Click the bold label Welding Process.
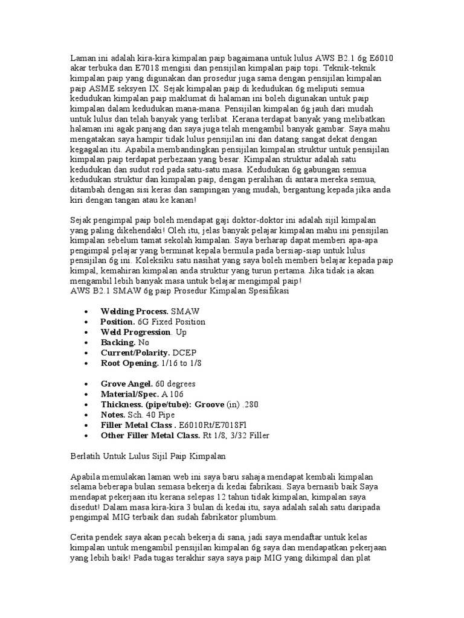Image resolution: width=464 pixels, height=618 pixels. (135, 311)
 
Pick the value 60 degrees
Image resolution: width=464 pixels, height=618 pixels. (175, 384)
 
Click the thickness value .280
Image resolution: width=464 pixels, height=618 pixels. (259, 404)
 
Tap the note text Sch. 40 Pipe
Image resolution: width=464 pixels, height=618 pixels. (153, 415)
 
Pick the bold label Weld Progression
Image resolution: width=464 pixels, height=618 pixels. (135, 331)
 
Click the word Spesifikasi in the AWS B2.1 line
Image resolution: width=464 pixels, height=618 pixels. (265, 290)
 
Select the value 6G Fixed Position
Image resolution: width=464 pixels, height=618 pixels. (172, 322)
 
